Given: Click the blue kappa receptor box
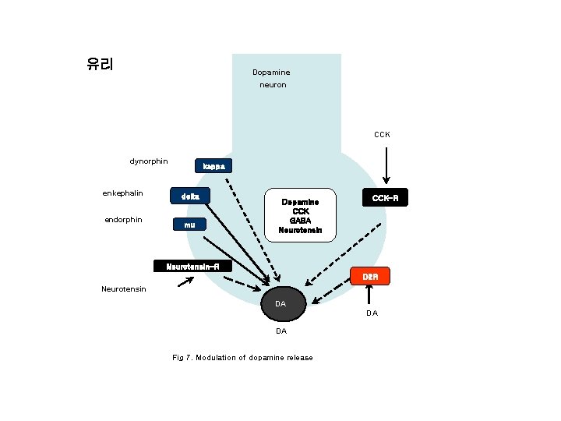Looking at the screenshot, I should coord(212,166).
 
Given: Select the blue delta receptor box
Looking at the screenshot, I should coord(190,197).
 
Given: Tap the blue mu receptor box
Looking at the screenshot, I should coord(190,225).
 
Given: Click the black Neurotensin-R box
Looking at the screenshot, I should coord(192,267).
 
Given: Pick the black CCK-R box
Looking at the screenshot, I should coord(385,198).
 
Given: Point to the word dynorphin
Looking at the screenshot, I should coord(148,161).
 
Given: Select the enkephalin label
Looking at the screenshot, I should coord(122,193).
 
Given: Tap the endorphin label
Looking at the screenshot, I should coord(123,219).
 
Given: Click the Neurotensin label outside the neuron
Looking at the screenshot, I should coord(123,289).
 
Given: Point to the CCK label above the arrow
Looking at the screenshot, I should coord(382,134).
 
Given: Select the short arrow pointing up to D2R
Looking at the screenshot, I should coord(370,295).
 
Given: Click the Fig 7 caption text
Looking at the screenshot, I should coord(242,358).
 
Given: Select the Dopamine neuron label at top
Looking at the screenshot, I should coord(271,78).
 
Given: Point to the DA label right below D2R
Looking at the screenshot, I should coord(372,313).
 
